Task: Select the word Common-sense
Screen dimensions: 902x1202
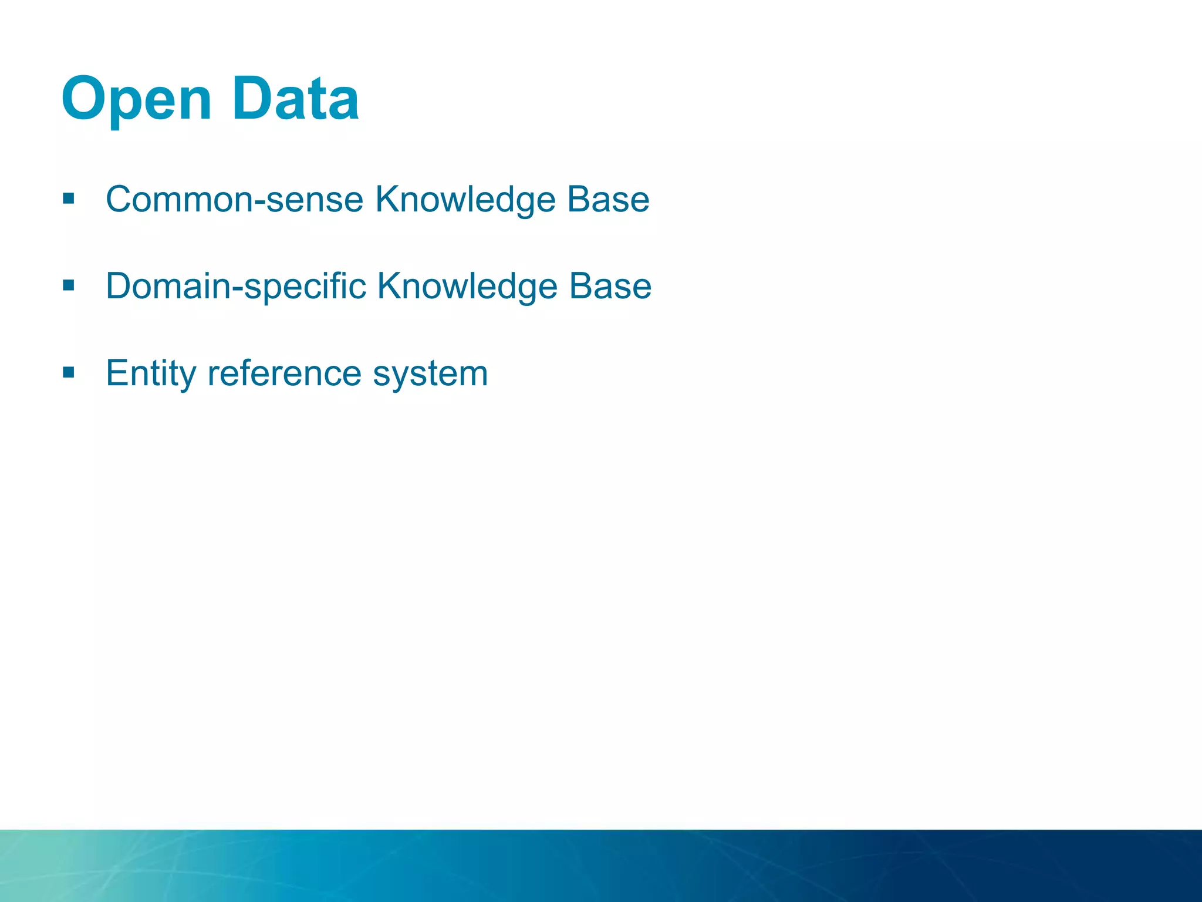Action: pos(235,200)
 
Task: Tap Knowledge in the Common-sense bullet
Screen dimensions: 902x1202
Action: pos(465,200)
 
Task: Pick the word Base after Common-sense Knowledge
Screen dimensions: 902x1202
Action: pos(608,200)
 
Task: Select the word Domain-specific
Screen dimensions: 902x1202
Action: pos(236,287)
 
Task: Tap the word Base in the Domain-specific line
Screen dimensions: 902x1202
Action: pos(610,287)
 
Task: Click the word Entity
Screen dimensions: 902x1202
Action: pos(151,373)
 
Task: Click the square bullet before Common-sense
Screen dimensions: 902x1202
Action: pos(69,198)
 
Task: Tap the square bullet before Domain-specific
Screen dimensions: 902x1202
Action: pos(69,285)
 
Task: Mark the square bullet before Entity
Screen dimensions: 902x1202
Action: pos(69,372)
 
